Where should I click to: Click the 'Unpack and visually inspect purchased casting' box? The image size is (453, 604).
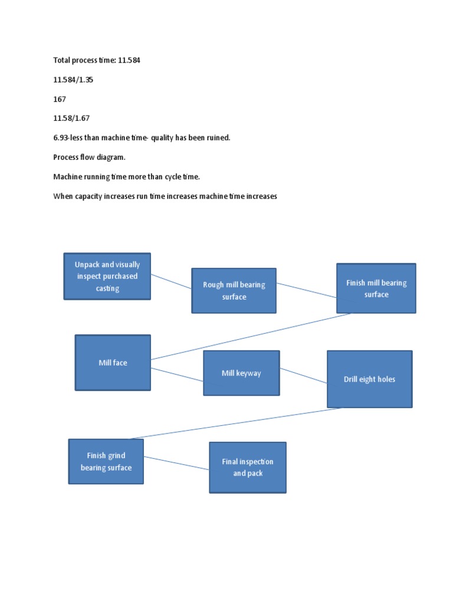click(107, 276)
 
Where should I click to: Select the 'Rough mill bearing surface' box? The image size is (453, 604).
click(234, 290)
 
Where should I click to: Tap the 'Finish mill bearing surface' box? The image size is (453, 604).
click(376, 288)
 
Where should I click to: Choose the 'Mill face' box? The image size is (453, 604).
click(113, 362)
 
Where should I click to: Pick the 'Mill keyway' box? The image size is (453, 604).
click(241, 373)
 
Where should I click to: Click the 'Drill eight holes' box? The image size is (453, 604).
click(369, 379)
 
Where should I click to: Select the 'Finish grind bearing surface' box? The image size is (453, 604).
click(106, 461)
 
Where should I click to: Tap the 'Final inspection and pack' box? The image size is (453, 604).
click(247, 467)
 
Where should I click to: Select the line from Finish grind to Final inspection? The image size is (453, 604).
click(176, 463)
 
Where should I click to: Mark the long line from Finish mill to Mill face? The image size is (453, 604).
click(251, 336)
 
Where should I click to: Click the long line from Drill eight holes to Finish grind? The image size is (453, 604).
click(236, 423)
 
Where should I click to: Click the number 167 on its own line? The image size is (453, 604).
click(60, 99)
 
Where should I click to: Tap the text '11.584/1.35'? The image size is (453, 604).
click(73, 80)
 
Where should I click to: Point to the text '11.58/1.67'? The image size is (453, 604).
click(71, 118)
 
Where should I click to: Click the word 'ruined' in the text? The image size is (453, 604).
click(218, 137)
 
